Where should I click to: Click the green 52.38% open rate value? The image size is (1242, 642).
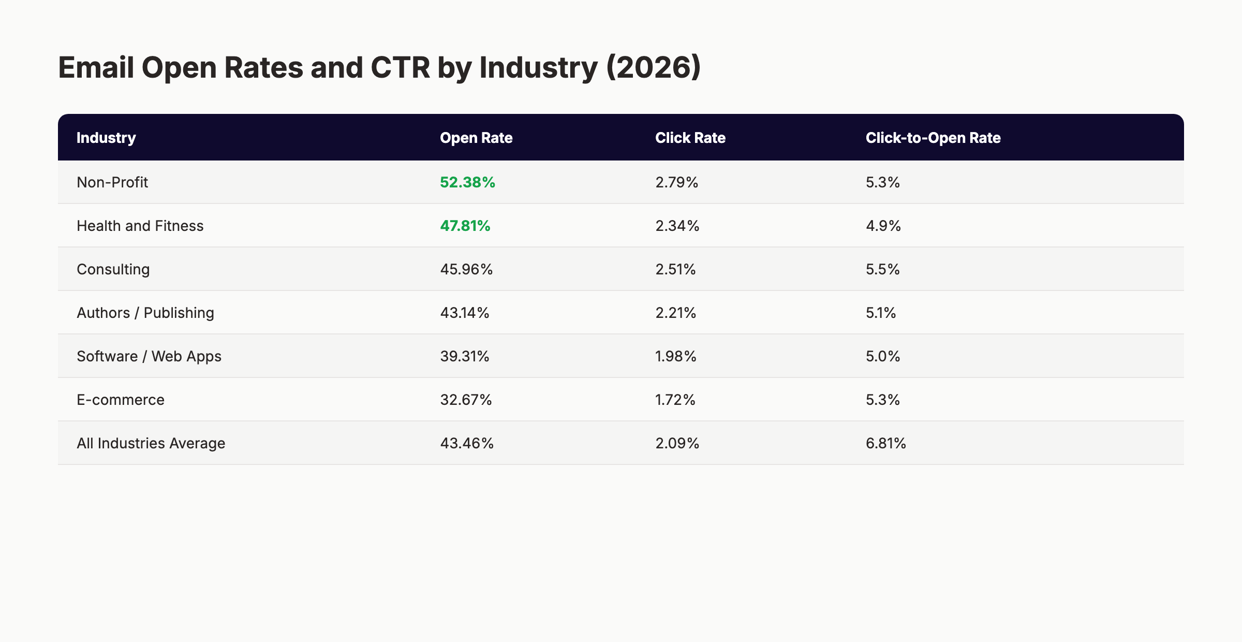click(x=467, y=182)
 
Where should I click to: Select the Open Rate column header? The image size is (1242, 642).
click(x=476, y=138)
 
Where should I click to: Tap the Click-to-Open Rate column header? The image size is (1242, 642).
click(x=933, y=138)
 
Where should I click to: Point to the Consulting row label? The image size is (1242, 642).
click(x=113, y=269)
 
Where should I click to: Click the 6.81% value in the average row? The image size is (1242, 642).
click(x=885, y=443)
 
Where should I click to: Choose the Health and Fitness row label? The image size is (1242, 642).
click(x=140, y=226)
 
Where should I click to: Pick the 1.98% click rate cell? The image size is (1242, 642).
click(x=675, y=356)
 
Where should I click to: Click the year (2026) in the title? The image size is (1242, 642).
click(x=653, y=67)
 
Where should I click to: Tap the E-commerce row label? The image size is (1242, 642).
click(x=120, y=400)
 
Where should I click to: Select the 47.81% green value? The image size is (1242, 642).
click(x=465, y=226)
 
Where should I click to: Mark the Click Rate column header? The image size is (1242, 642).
click(x=690, y=138)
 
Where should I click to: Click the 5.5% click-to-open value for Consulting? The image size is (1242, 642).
click(x=882, y=269)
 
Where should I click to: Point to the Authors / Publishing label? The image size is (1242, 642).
click(x=145, y=313)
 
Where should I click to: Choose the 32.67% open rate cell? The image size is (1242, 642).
click(x=466, y=400)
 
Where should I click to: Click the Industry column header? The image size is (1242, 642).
click(x=106, y=138)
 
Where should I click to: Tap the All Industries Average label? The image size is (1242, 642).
click(x=151, y=443)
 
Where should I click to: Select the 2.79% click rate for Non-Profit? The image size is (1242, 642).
click(x=676, y=182)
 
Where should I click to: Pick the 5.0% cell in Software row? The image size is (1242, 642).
click(x=882, y=356)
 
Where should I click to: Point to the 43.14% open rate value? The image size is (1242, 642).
click(x=464, y=313)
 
